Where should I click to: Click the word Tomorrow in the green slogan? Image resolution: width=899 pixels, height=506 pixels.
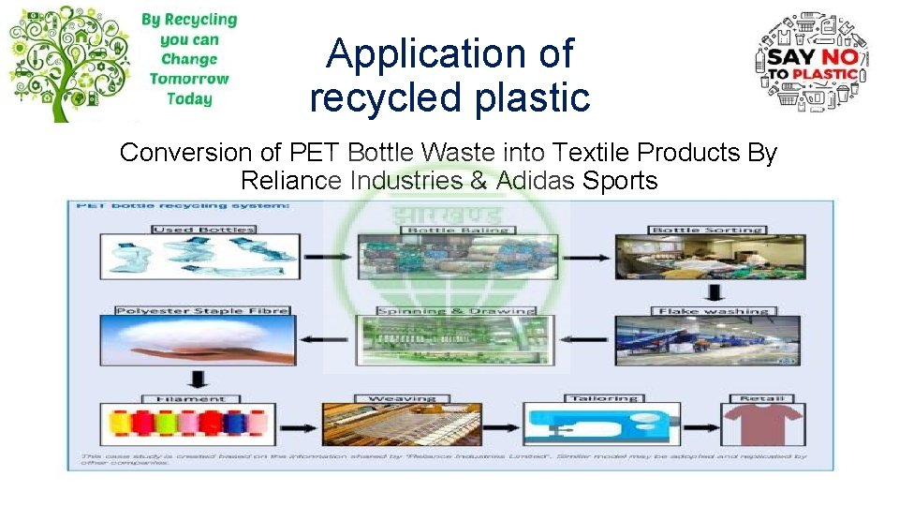188,80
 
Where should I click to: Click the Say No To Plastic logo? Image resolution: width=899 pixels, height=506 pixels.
811,63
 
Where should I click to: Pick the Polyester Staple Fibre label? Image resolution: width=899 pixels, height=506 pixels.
201,310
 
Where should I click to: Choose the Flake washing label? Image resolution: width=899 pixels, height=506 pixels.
714,310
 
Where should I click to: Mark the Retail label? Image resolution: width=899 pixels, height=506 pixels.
762,398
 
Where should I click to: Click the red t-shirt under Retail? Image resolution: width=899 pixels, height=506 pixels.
762,426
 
